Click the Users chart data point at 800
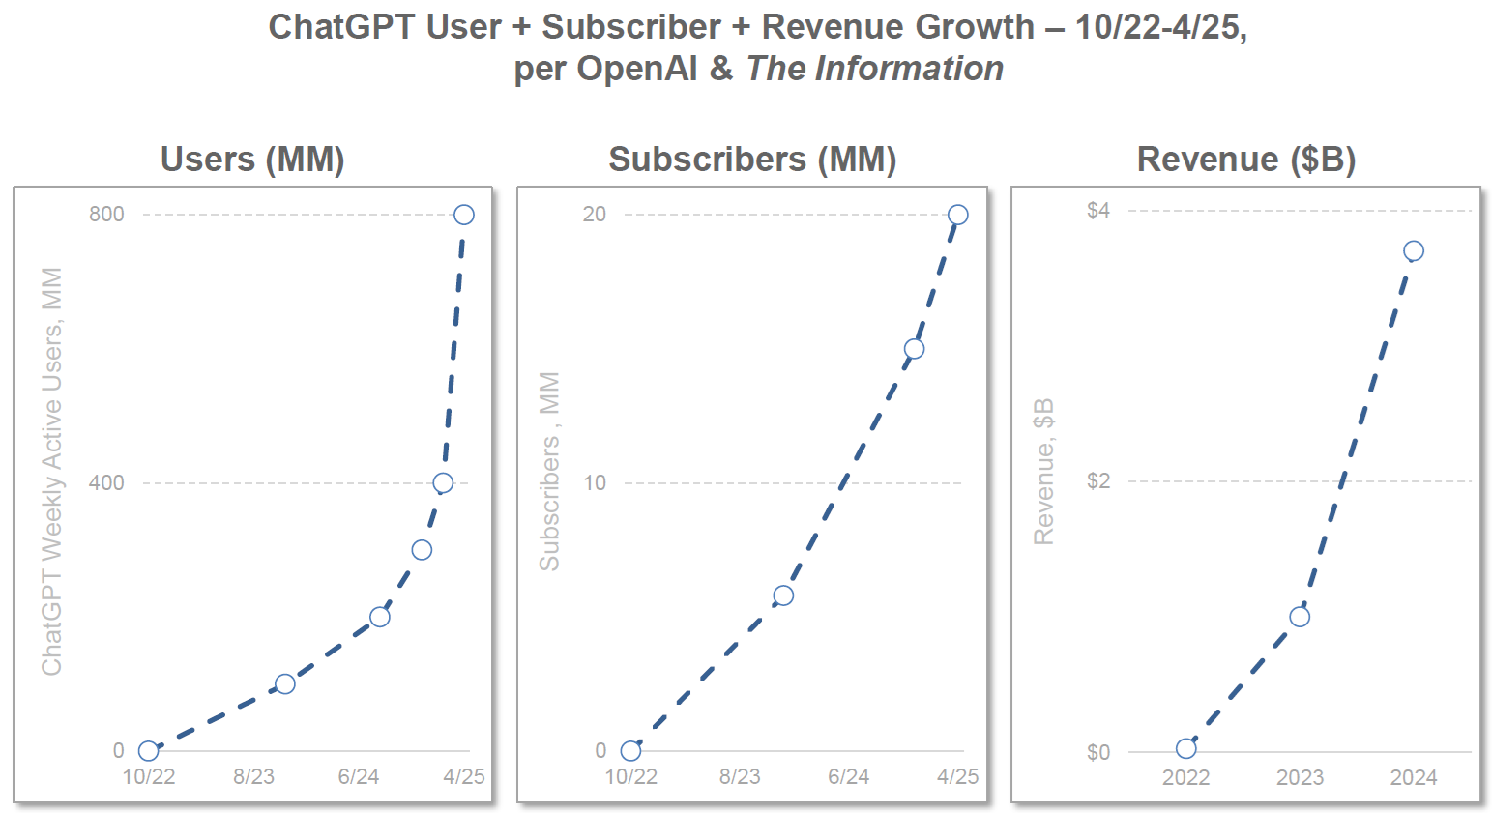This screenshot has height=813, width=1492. [464, 215]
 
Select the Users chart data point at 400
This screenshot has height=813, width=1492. [443, 482]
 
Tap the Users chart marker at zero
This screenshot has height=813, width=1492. [148, 750]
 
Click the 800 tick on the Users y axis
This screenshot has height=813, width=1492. [106, 215]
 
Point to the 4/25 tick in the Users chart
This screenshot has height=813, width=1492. [464, 777]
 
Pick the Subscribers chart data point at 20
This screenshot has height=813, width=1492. [957, 215]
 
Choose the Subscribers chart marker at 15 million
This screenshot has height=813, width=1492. [914, 349]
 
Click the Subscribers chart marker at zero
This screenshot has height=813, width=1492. [630, 750]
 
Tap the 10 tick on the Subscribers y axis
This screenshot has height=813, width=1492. [595, 482]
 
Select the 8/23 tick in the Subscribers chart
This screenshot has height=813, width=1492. [740, 777]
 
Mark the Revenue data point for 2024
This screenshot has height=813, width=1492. [1413, 251]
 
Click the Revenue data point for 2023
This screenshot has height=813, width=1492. [1300, 617]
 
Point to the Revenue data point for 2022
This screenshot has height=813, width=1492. [1186, 748]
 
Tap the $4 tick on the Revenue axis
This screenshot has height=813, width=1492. [1098, 211]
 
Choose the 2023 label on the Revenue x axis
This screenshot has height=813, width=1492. [1300, 777]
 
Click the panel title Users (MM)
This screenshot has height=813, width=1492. [252, 160]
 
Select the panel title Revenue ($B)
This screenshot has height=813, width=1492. [1245, 160]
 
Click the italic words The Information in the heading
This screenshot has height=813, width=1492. [874, 69]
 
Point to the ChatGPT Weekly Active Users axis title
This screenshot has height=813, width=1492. [52, 471]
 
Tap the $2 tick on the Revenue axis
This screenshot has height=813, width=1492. [1098, 481]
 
